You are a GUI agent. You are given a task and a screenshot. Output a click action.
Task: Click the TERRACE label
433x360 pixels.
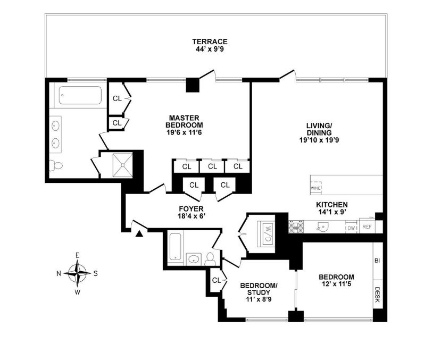(x=210, y=41)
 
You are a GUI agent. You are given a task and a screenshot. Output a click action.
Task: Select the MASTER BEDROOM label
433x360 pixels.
(x=184, y=121)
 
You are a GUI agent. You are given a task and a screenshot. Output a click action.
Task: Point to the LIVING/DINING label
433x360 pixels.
(x=319, y=129)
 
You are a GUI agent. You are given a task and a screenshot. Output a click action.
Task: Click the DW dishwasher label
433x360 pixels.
(x=351, y=228)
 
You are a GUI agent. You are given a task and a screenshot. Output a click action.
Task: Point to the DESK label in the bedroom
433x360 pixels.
(x=377, y=295)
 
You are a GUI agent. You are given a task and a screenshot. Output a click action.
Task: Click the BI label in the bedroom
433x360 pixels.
(x=377, y=261)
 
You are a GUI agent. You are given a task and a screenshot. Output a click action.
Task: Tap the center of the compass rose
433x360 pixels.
(x=78, y=273)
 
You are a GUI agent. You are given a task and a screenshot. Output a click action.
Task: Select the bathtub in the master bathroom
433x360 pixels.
(x=80, y=96)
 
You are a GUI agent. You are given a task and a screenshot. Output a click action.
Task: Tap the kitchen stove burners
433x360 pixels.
(x=296, y=227)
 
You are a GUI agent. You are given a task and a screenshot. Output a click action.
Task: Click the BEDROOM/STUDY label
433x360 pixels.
(x=256, y=288)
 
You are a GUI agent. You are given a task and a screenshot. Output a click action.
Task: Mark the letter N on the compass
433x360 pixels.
(x=59, y=273)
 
